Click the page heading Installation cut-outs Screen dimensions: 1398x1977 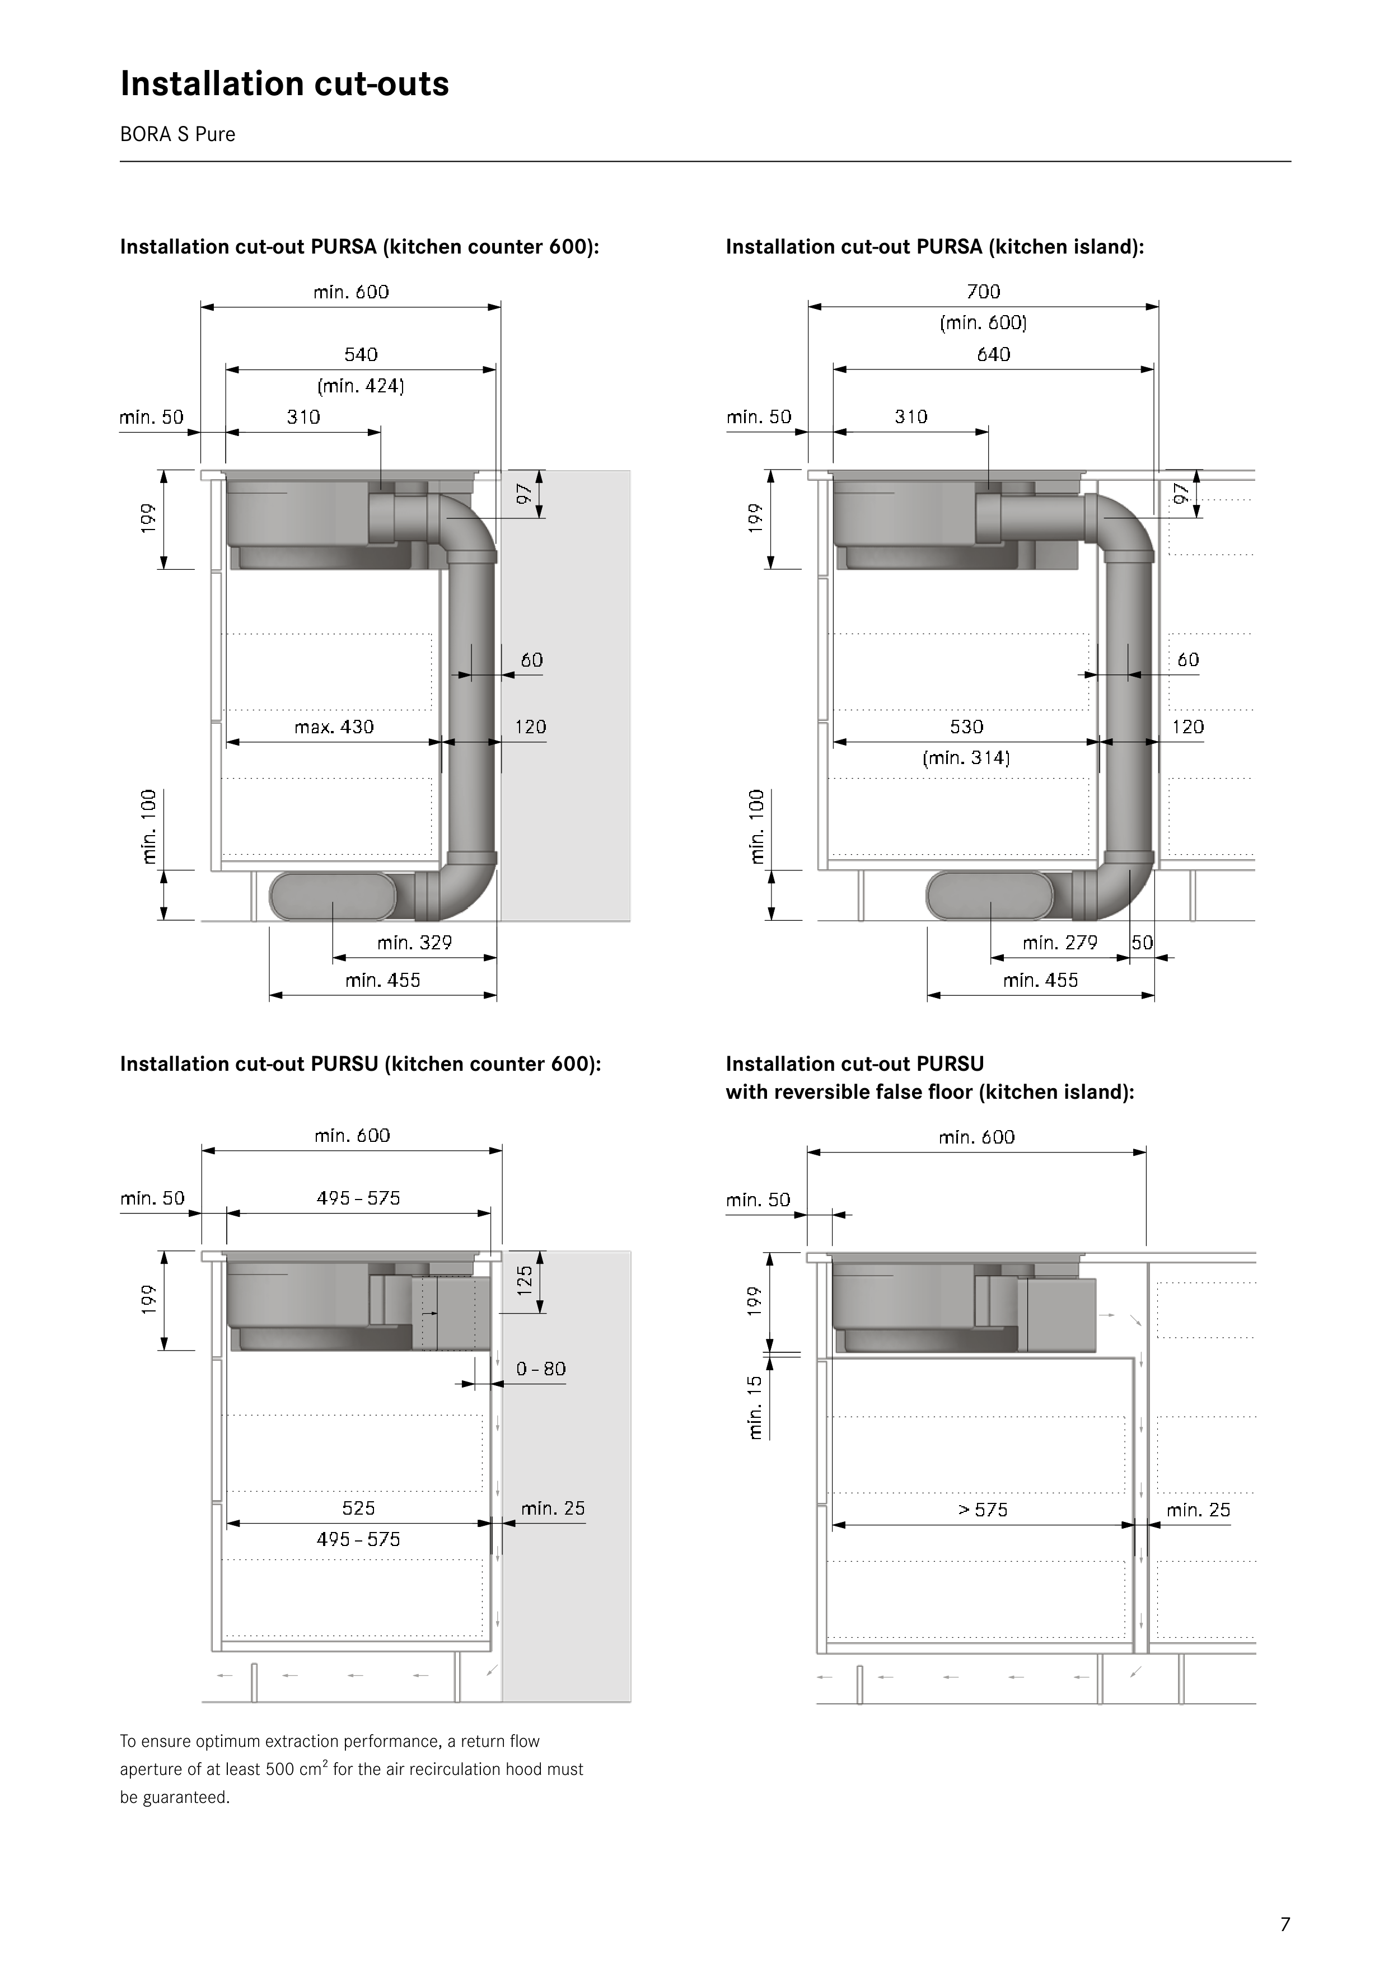click(x=284, y=83)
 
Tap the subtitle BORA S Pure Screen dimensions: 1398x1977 click(x=177, y=134)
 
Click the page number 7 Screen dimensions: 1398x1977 click(x=1285, y=1924)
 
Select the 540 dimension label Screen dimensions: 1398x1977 click(x=361, y=355)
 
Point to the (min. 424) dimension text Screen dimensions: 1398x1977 click(x=361, y=386)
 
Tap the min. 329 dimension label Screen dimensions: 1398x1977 click(x=414, y=943)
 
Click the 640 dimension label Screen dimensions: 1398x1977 click(x=994, y=355)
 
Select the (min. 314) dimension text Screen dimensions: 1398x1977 click(x=966, y=758)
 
